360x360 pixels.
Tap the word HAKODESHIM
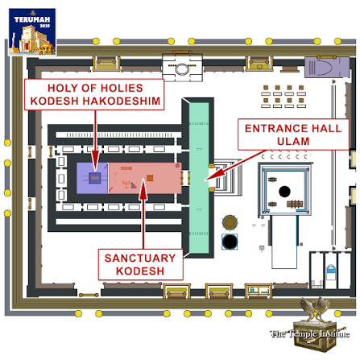(x=121, y=101)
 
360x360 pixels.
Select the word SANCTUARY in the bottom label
(x=140, y=258)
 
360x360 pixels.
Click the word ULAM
(x=293, y=141)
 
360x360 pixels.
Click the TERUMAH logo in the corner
(x=32, y=31)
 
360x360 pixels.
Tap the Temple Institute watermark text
(x=310, y=333)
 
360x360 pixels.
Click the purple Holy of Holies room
(x=92, y=178)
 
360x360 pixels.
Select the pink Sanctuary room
(x=145, y=178)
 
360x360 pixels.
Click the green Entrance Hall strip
(x=199, y=178)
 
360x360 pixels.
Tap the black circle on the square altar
(x=284, y=192)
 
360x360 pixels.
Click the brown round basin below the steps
(x=230, y=222)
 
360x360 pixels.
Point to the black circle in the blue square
(x=230, y=242)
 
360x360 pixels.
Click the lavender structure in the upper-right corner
(x=327, y=67)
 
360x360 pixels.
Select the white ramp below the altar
(x=284, y=242)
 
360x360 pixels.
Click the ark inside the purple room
(x=95, y=178)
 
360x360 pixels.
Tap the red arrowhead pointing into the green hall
(x=211, y=176)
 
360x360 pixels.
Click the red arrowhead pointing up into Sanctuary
(x=143, y=190)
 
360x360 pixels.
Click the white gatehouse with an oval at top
(x=182, y=67)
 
